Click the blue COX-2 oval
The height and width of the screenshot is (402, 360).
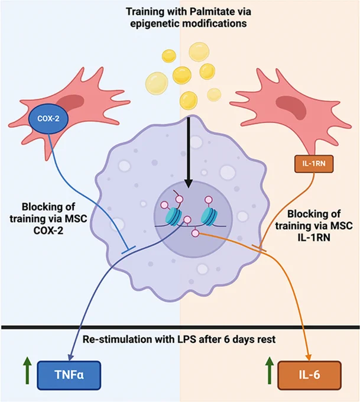48,118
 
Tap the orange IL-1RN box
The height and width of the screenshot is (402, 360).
314,164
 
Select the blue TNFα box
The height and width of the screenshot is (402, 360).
69,375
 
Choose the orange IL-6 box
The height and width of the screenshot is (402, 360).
310,375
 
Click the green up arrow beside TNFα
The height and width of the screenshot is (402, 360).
27,371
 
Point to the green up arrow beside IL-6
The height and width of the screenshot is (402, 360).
269,371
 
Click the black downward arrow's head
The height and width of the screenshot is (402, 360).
189,183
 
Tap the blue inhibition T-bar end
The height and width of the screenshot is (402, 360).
128,250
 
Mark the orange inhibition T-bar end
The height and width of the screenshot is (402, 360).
259,248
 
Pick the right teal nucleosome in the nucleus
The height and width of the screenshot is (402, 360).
209,217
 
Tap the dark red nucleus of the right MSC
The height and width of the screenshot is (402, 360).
291,107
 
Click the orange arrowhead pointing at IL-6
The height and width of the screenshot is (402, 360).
309,358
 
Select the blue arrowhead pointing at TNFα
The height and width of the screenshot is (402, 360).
70,358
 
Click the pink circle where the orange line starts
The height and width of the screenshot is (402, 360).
196,233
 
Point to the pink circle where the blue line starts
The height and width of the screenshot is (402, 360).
187,220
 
